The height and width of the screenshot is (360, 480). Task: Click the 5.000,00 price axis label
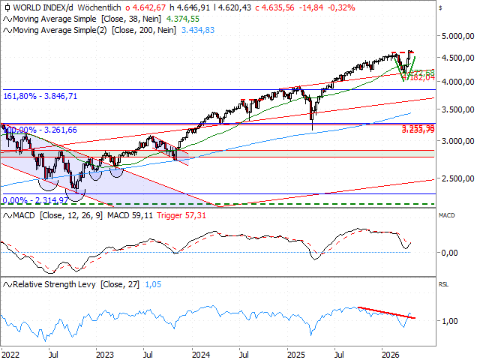[x=457, y=36]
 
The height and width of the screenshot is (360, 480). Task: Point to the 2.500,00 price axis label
[x=457, y=178]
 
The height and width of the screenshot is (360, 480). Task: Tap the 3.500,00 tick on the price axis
[x=457, y=110]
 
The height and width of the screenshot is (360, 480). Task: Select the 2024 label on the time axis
[x=200, y=352]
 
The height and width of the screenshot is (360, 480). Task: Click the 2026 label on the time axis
[x=390, y=352]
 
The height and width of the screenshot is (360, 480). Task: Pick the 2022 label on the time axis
[x=11, y=352]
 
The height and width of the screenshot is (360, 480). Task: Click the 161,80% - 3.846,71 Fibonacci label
[x=40, y=97]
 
